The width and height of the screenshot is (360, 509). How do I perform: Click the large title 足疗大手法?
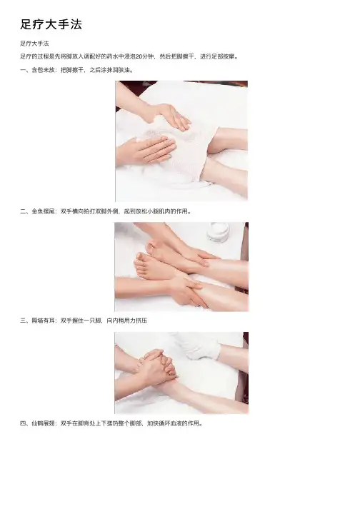[51, 24]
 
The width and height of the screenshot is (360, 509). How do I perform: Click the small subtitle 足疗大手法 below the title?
[34, 44]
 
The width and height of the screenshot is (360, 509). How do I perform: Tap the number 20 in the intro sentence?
[139, 56]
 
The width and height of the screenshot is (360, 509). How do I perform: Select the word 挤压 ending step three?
[141, 321]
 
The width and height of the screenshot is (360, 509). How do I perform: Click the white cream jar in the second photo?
[218, 232]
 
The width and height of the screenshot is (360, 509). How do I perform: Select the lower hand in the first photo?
[146, 150]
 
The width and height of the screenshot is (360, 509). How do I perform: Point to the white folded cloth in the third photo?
[198, 345]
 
